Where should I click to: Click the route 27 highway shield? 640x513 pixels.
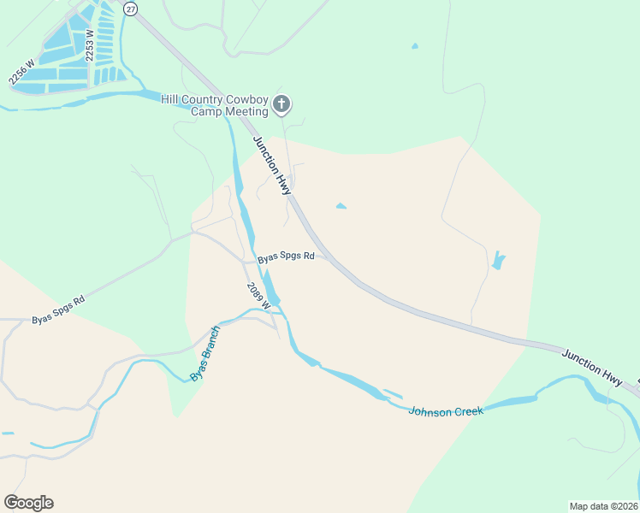130,8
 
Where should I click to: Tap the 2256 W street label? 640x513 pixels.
21,71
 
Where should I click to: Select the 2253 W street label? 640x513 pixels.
89,44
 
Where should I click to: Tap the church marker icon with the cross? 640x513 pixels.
282,105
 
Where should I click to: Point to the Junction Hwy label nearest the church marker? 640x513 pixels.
272,165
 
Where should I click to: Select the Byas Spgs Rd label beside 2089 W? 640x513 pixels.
286,256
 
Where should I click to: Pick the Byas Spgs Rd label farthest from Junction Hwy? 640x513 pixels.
58,310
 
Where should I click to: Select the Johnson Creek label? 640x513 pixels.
446,411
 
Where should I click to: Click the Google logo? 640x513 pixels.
28,503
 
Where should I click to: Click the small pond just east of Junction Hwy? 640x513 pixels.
341,206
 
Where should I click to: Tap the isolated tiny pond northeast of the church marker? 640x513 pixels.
415,45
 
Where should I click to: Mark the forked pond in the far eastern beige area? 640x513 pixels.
498,260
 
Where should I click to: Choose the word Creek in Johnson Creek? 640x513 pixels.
468,410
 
